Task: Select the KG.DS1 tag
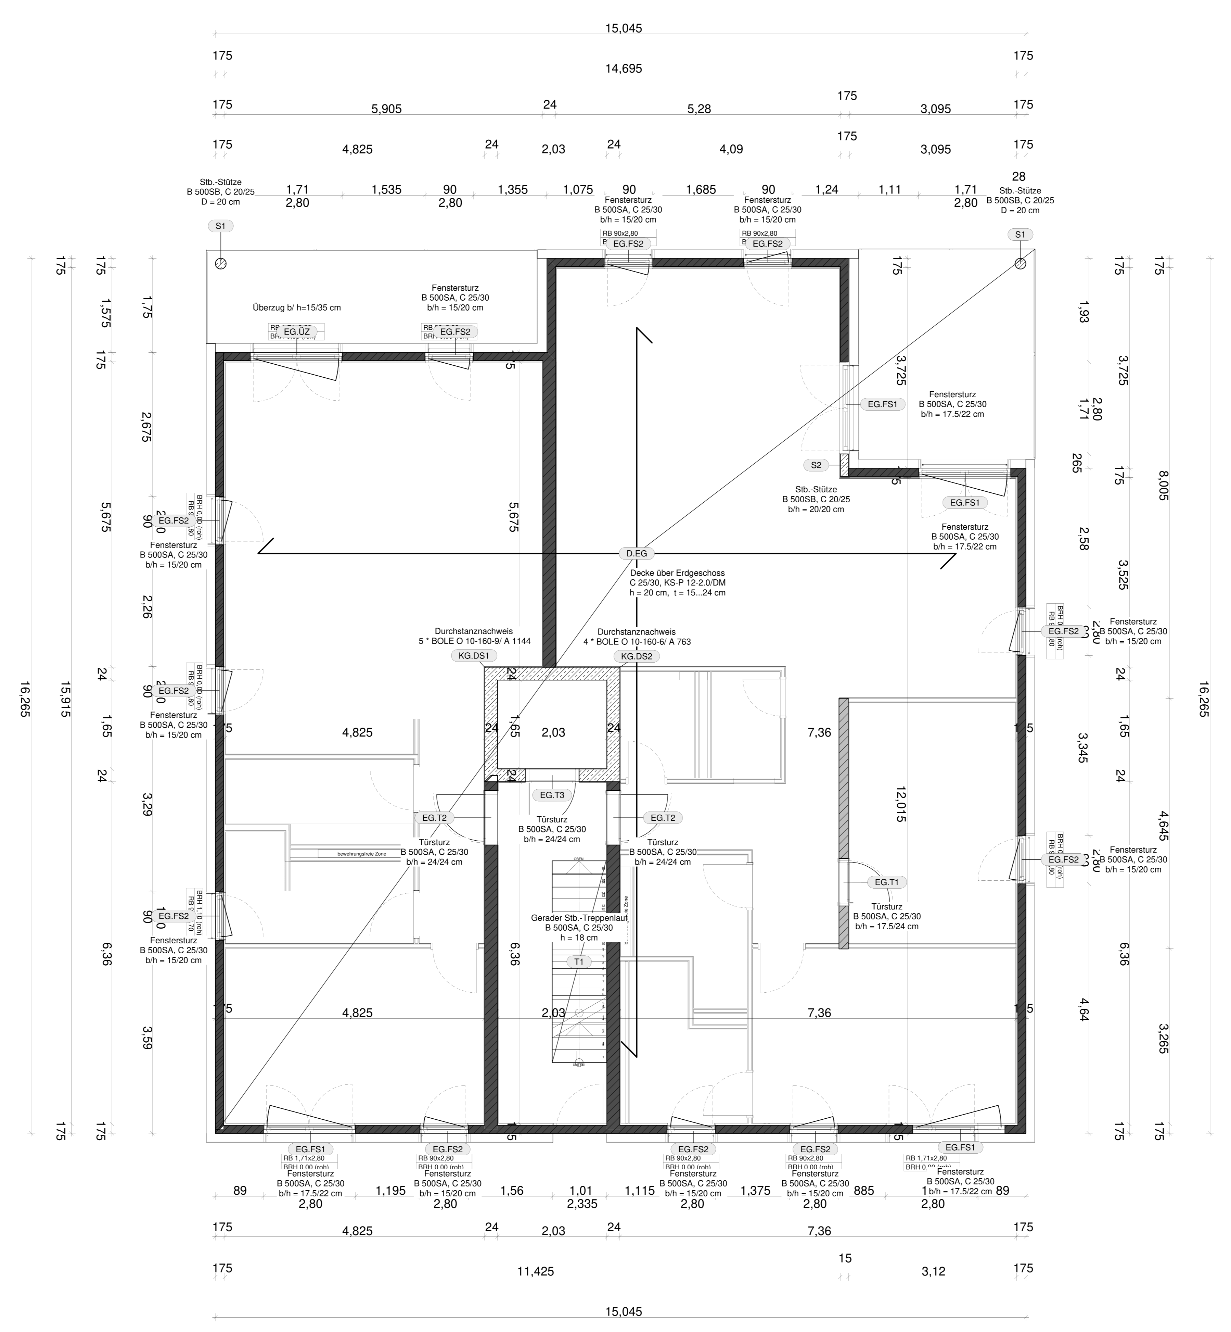(474, 656)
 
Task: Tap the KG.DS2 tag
(636, 656)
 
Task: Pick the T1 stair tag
(579, 962)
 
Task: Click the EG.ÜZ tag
(297, 331)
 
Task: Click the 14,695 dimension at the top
(624, 68)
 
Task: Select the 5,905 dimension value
(386, 109)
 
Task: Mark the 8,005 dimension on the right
(1163, 487)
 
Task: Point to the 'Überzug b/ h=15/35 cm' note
(297, 308)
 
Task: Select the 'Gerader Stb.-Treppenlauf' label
(579, 918)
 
